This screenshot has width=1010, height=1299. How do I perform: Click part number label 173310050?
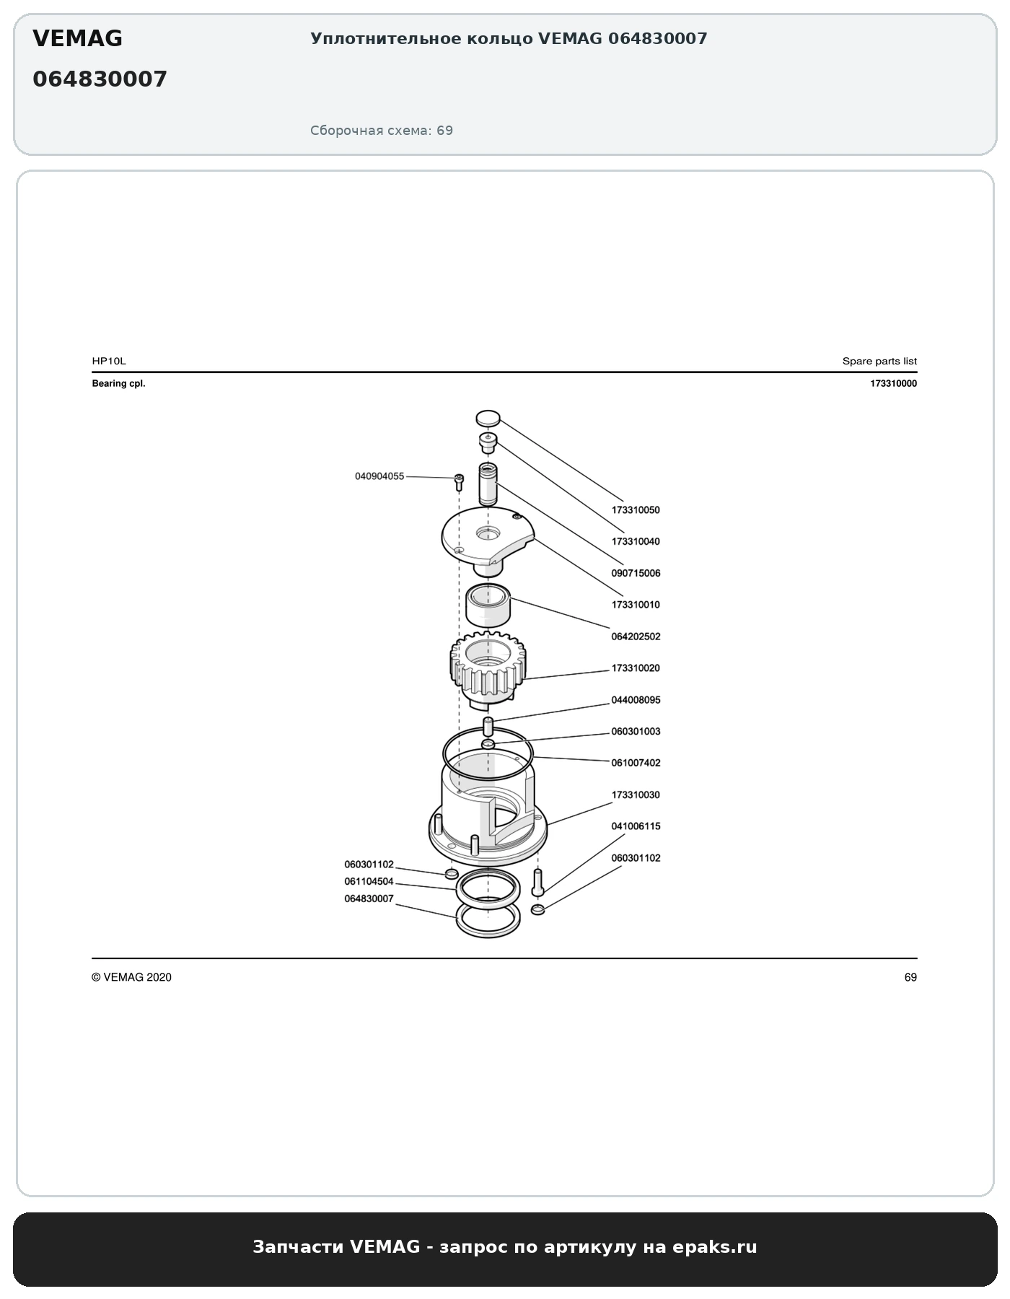[x=636, y=510]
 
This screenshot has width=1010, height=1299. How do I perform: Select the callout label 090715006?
[x=636, y=574]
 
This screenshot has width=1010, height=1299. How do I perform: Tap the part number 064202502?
[x=636, y=637]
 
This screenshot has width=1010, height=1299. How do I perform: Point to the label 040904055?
[x=379, y=476]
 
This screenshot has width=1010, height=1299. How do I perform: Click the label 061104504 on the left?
[x=369, y=882]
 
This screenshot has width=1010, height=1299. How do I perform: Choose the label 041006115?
[x=636, y=826]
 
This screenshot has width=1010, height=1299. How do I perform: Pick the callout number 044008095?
[x=636, y=700]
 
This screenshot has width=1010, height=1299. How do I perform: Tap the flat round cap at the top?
[x=488, y=418]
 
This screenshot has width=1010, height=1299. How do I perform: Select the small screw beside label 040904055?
[x=458, y=481]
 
